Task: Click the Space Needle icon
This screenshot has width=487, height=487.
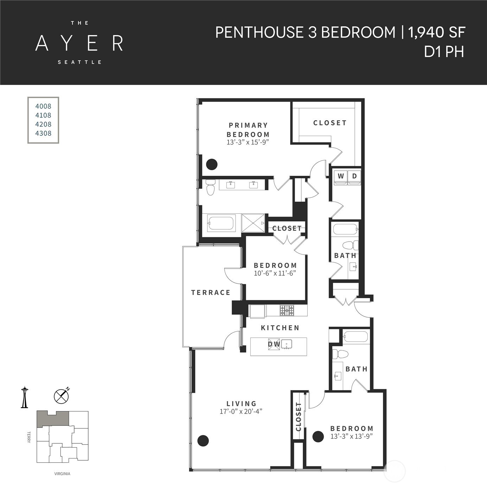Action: coord(24,397)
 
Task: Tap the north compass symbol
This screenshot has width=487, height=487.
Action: coord(61,396)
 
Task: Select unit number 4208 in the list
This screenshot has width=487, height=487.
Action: coord(43,124)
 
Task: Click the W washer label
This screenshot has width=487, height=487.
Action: coord(341,176)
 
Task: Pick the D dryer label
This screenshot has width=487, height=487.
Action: coord(354,176)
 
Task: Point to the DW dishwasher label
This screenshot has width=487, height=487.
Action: coord(274,344)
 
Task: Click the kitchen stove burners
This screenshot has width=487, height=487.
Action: coord(287,310)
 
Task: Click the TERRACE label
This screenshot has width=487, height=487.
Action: coord(211,293)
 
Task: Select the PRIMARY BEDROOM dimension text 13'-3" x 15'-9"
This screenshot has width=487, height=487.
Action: coord(248,142)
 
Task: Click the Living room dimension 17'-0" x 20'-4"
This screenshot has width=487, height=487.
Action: coord(241,411)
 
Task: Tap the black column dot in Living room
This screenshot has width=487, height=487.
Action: coord(203,440)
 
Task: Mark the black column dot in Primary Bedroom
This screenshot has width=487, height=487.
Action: coord(212,164)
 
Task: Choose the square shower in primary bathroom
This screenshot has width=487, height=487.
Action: coord(253,223)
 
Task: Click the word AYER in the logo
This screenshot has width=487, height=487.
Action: coord(79,43)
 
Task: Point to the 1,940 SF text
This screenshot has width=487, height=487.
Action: coord(436,32)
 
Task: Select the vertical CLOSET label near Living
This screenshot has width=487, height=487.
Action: coord(299,417)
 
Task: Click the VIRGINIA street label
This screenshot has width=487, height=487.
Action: coord(62,474)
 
